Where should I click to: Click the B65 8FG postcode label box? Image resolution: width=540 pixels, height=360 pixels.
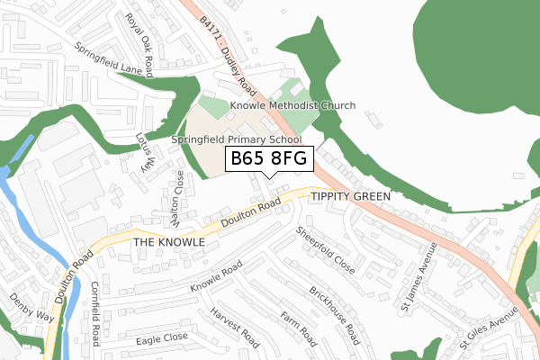pos(269,158)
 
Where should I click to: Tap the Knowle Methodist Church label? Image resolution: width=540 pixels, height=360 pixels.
pos(292,106)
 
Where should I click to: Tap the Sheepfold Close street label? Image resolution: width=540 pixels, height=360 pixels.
pos(326,250)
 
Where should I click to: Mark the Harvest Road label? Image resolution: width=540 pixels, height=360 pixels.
pos(234,328)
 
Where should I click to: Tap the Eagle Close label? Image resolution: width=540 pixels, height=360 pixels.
pos(162,338)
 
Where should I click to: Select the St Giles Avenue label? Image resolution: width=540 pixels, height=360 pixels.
pos(490,329)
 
